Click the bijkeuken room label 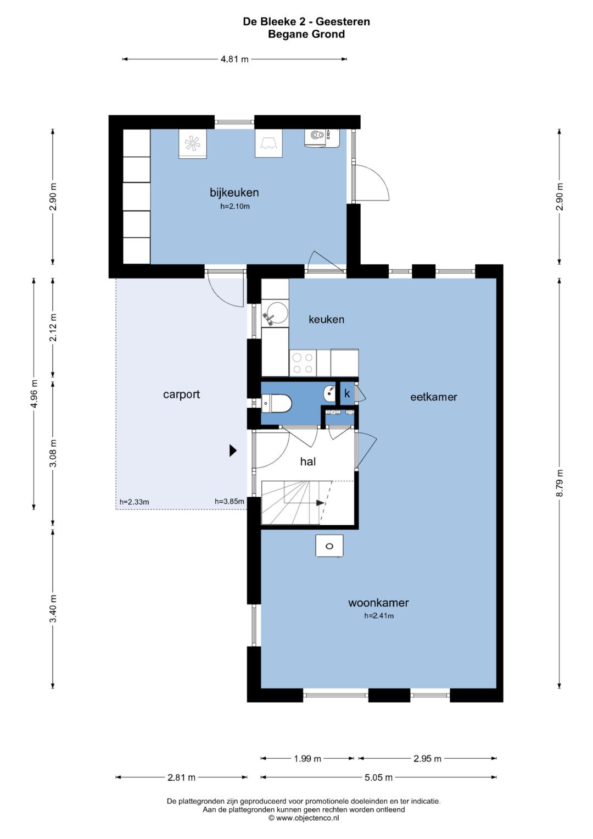234,192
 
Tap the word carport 182,395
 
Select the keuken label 327,319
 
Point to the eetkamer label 434,397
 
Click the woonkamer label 378,603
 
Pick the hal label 307,462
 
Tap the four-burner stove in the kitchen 303,363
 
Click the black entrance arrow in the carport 233,451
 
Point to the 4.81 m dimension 235,59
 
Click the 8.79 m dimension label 560,483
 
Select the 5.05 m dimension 378,777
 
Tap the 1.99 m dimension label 307,759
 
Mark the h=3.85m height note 230,501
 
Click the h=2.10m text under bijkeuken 235,206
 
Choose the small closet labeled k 347,393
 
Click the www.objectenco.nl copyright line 304,819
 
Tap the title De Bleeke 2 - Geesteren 306,22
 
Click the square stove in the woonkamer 329,546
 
